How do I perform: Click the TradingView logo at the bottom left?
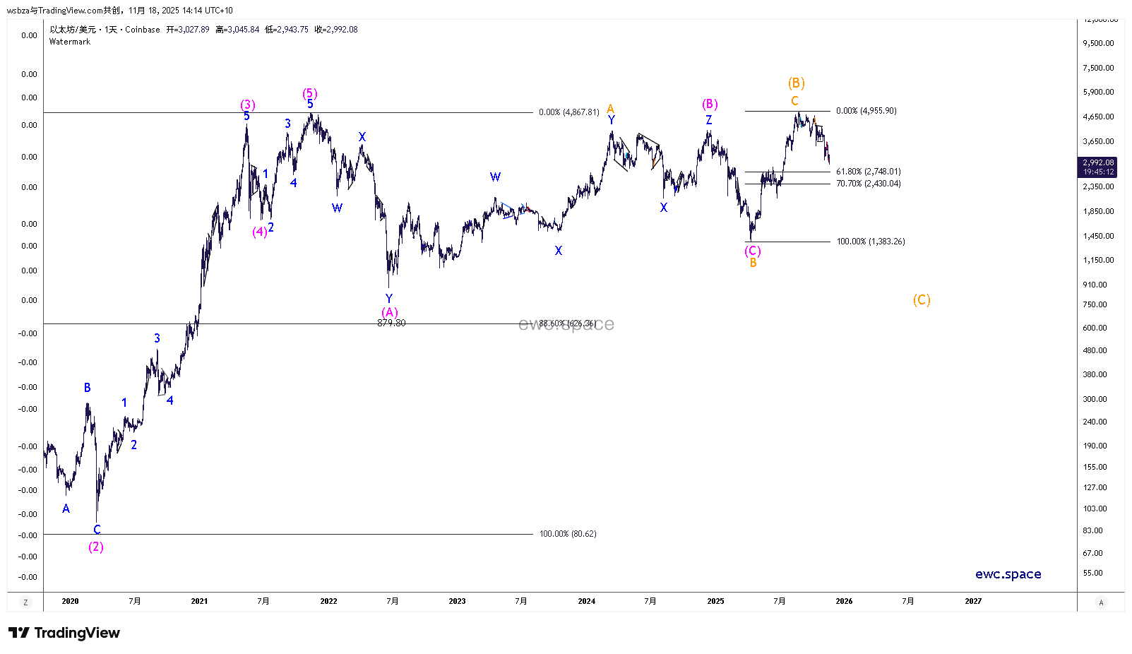(64, 633)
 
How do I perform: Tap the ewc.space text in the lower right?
(1008, 574)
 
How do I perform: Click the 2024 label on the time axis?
(586, 601)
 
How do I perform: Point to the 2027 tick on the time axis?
(973, 601)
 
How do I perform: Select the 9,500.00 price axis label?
(1098, 43)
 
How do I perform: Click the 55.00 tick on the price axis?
(1092, 573)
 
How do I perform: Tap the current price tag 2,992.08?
(1098, 162)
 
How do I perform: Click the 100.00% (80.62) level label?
(568, 534)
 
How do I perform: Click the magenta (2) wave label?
(96, 547)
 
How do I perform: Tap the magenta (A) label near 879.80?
(390, 311)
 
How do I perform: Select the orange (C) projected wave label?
(922, 300)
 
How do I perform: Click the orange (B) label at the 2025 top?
(796, 83)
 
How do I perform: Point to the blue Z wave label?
(709, 120)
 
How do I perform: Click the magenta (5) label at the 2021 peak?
(310, 93)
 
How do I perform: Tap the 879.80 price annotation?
(391, 323)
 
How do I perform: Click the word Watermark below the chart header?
(70, 42)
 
